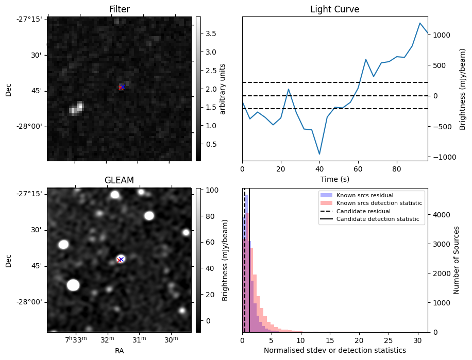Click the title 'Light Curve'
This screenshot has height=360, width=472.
pyautogui.click(x=334, y=9)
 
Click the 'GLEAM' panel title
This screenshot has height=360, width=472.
pyautogui.click(x=119, y=180)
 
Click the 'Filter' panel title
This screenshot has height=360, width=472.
pyautogui.click(x=119, y=9)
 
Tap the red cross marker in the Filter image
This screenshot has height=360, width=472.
pyautogui.click(x=121, y=88)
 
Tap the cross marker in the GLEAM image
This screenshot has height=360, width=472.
pyautogui.click(x=120, y=260)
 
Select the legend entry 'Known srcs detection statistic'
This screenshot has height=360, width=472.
pyautogui.click(x=379, y=203)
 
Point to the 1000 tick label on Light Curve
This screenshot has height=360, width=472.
pyautogui.click(x=442, y=35)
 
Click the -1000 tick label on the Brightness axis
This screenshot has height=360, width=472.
pyautogui.click(x=441, y=157)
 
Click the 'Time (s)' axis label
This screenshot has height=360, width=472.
pyautogui.click(x=335, y=179)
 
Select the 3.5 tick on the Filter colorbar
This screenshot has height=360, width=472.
pyautogui.click(x=211, y=33)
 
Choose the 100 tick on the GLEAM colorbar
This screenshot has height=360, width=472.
pyautogui.click(x=213, y=190)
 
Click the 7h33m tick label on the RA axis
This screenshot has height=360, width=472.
pyautogui.click(x=76, y=339)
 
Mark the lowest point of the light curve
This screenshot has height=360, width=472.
pyautogui.click(x=319, y=154)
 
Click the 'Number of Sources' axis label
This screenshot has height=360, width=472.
pyautogui.click(x=457, y=260)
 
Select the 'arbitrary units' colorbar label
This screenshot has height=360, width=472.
pyautogui.click(x=223, y=89)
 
